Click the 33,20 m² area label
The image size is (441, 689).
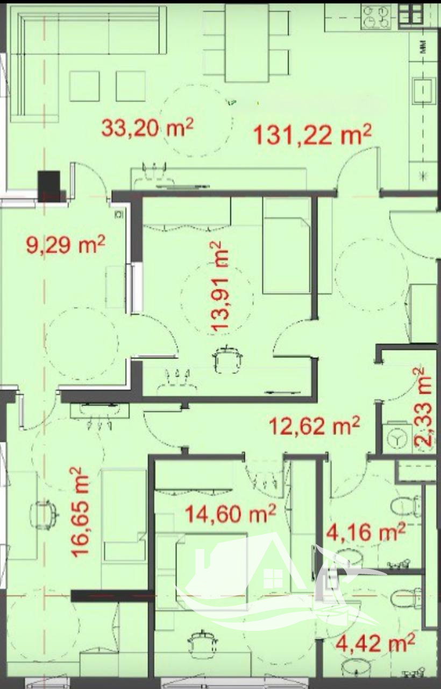click(x=147, y=128)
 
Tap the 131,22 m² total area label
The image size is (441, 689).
click(x=312, y=135)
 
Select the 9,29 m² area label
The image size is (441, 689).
click(x=66, y=244)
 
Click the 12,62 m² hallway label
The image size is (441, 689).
click(x=314, y=426)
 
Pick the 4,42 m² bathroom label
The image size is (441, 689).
click(x=375, y=642)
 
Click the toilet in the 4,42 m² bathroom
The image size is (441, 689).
click(x=408, y=597)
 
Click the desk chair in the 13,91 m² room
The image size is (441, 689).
click(x=227, y=360)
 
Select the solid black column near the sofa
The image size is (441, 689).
click(x=49, y=186)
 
